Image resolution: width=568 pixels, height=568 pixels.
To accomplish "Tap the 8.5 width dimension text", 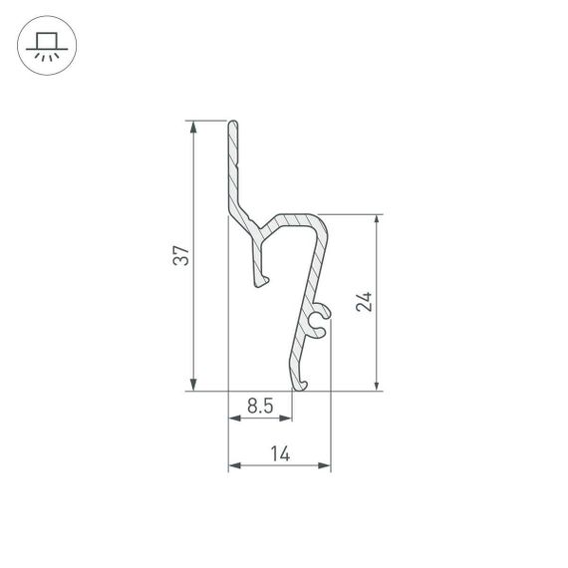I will [x=259, y=406].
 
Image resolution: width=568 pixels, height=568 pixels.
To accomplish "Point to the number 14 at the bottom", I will [x=279, y=453].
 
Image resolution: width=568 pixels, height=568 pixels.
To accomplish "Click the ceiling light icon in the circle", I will [x=46, y=46].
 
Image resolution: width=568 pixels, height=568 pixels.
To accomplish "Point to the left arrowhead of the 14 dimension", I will [x=234, y=465].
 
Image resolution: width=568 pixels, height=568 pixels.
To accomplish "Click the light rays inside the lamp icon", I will [x=46, y=56].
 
